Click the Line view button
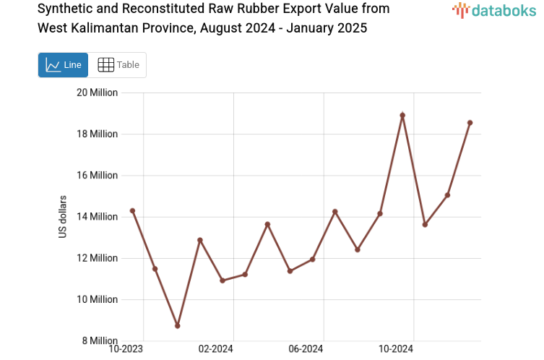click(64, 65)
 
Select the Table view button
click(118, 65)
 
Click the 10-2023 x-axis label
click(126, 349)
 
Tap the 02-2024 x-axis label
click(215, 349)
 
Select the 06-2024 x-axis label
click(306, 349)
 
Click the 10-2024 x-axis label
click(396, 349)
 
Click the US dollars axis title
click(63, 217)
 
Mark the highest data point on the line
click(402, 115)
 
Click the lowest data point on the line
click(177, 326)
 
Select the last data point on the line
click(470, 123)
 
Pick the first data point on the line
click(132, 210)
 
